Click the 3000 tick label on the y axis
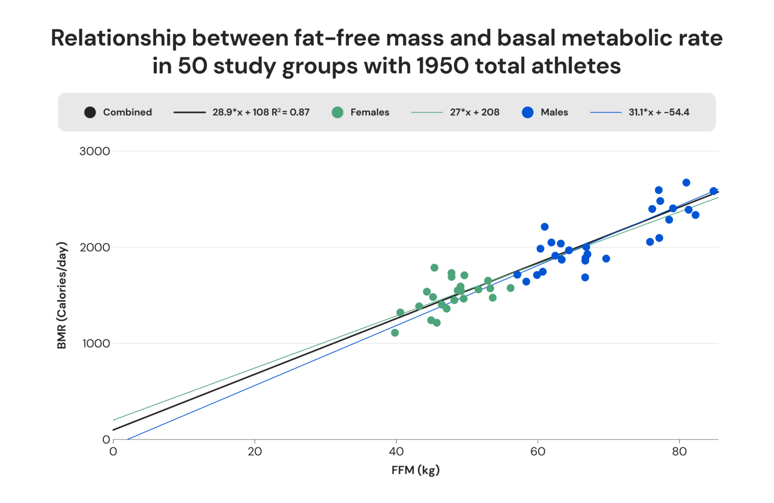point(95,151)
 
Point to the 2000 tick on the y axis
point(95,247)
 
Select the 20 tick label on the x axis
point(254,452)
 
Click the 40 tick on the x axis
point(396,452)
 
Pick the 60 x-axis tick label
point(538,452)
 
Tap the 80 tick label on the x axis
point(679,452)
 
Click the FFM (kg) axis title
point(415,470)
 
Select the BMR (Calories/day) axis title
point(62,296)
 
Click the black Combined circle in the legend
point(90,113)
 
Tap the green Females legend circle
point(338,113)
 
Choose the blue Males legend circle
point(528,113)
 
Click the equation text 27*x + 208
point(474,113)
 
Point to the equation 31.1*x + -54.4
point(659,113)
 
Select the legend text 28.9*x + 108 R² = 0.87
point(261,113)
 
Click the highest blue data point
point(686,183)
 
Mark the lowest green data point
point(395,332)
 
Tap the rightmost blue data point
point(714,191)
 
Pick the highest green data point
point(434,268)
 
